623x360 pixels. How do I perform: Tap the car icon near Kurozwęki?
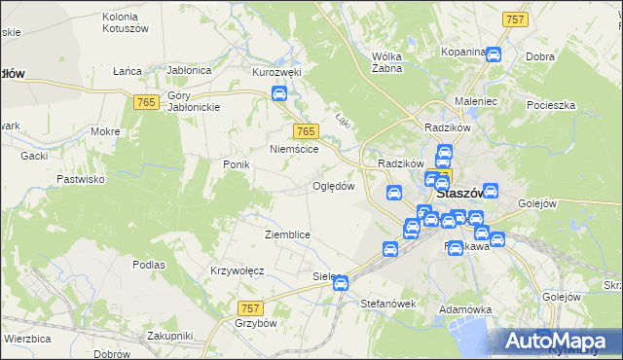pyautogui.click(x=279, y=94)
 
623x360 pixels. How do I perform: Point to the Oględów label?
pyautogui.click(x=332, y=185)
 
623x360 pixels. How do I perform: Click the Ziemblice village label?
pyautogui.click(x=287, y=234)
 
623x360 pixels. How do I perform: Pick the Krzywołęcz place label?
pyautogui.click(x=238, y=270)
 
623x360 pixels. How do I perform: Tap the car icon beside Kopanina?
pyautogui.click(x=494, y=54)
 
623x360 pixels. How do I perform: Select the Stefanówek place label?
pyautogui.click(x=387, y=304)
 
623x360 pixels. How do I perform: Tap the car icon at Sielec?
pyautogui.click(x=341, y=283)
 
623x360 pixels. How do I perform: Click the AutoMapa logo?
pyautogui.click(x=557, y=340)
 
